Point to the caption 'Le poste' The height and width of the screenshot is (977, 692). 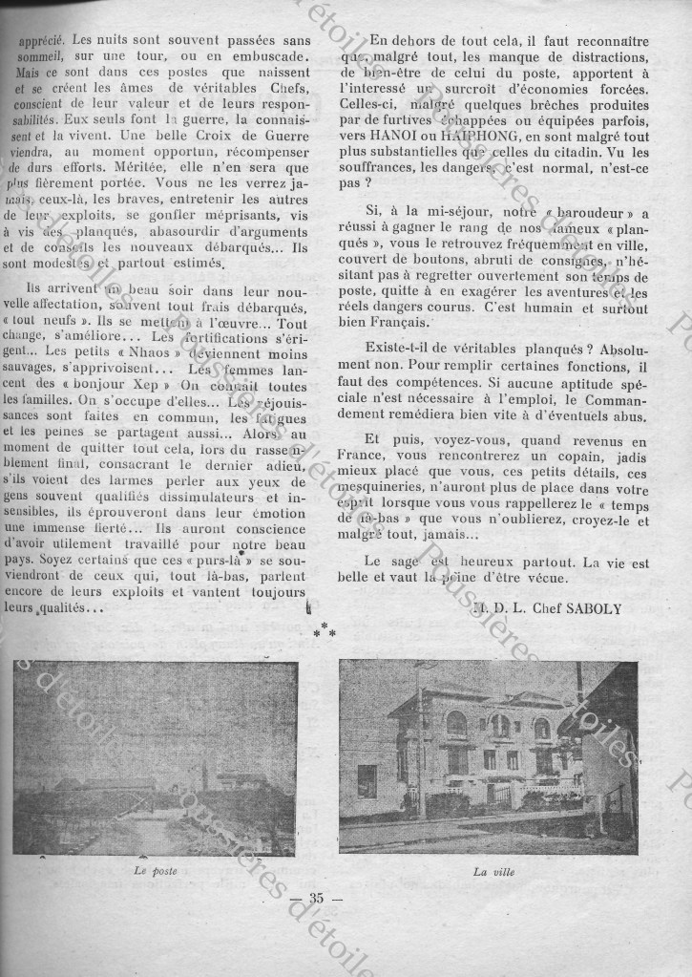click(156, 870)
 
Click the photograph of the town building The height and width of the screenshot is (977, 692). click(488, 756)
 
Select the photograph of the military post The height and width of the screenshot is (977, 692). click(156, 757)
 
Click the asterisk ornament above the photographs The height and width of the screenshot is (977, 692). click(322, 631)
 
